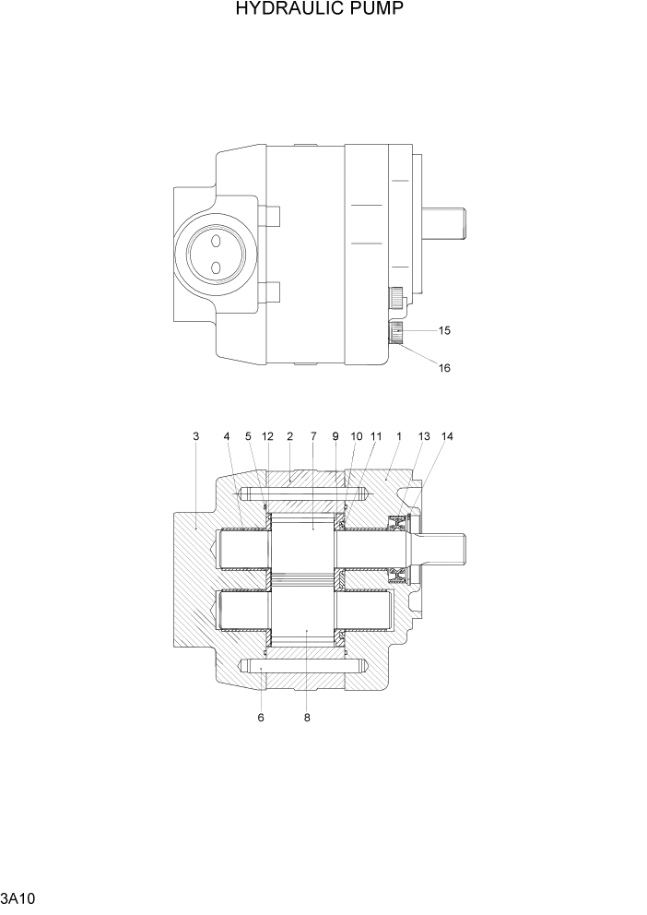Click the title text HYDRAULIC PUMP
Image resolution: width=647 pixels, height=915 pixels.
(x=320, y=10)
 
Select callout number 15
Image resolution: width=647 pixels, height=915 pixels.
(x=444, y=329)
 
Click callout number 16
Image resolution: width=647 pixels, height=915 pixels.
(x=444, y=367)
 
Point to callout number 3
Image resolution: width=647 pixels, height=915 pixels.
(x=195, y=435)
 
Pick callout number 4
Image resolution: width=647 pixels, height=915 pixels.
(x=227, y=435)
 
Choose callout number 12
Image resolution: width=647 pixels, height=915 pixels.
(x=267, y=435)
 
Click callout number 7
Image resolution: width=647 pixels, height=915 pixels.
(x=312, y=435)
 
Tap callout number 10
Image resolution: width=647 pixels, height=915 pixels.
(x=356, y=435)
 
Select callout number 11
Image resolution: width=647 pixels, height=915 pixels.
(x=376, y=435)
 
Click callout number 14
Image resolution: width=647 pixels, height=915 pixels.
(x=447, y=435)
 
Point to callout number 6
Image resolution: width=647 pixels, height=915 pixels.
(x=261, y=718)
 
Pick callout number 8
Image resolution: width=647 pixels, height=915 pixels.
(x=306, y=718)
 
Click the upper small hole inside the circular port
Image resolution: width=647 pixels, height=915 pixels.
(x=214, y=240)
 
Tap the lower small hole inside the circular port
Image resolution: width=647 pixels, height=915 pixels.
(x=214, y=267)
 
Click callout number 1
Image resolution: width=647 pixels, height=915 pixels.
(x=398, y=435)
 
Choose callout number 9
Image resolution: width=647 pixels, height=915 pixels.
(x=335, y=435)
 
